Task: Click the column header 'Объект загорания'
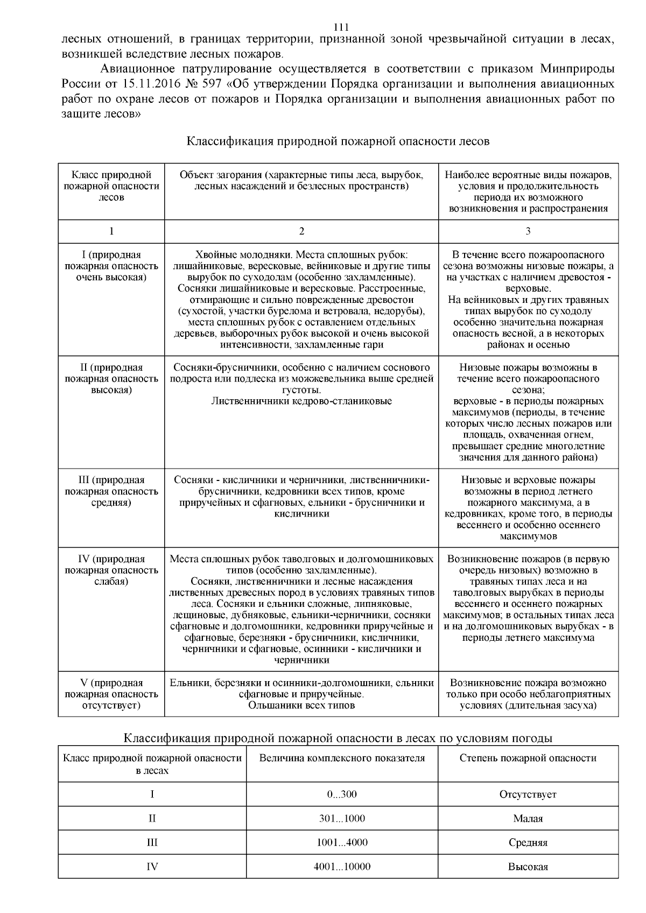point(301,180)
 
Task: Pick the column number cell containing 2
point(301,231)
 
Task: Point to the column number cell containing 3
point(528,231)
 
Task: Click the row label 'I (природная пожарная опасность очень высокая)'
point(111,266)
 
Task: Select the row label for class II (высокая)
point(111,378)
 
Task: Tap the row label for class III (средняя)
point(111,491)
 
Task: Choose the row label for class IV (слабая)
point(111,570)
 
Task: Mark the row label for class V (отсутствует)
point(111,693)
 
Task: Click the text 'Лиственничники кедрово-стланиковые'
point(301,401)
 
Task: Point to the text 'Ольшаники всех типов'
point(301,705)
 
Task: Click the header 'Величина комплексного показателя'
point(342,758)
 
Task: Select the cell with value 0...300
point(342,794)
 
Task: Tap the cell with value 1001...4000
point(342,842)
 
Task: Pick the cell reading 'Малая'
point(528,818)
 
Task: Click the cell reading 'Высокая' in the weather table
point(528,867)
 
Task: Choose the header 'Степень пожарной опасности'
point(528,758)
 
